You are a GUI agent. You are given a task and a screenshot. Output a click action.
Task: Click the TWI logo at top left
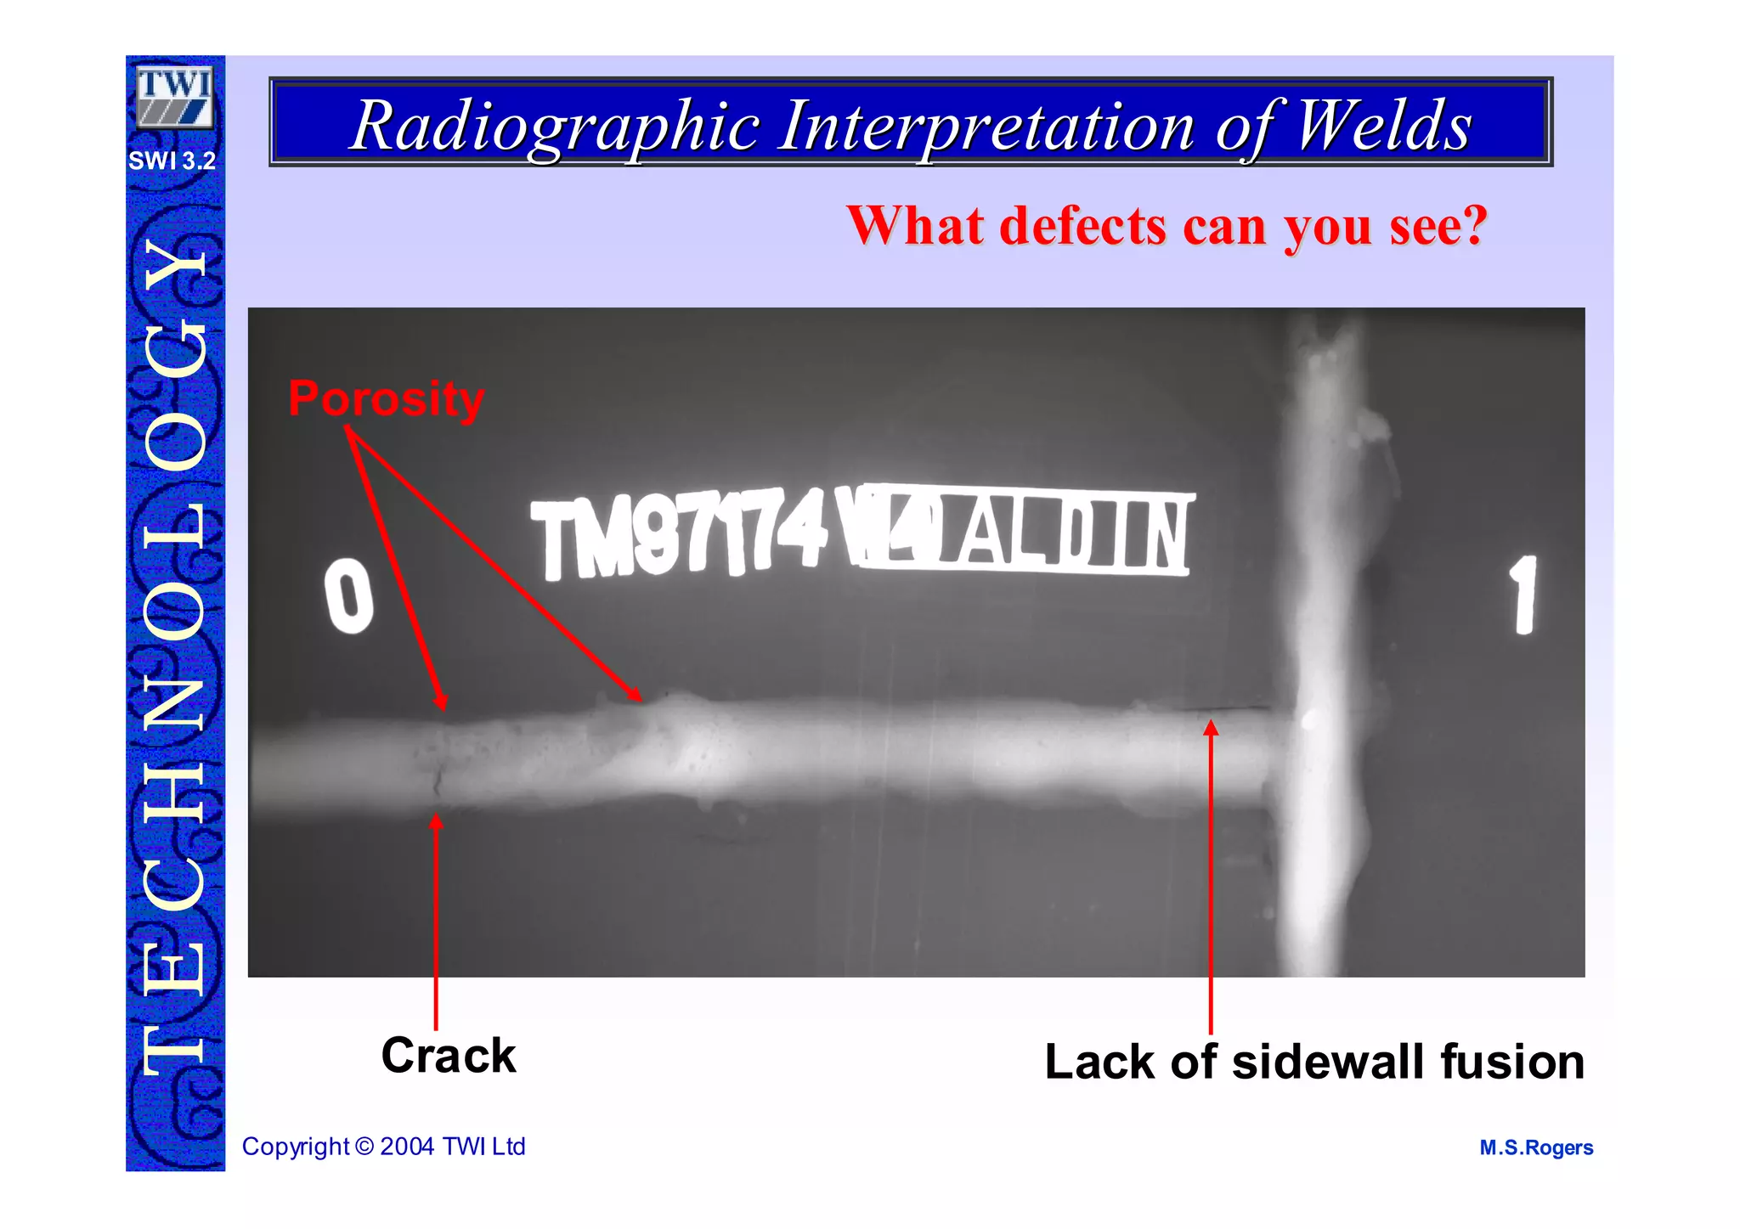(x=174, y=96)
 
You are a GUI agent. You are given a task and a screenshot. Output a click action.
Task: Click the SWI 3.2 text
(x=172, y=161)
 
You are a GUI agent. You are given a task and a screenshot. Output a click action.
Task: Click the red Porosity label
(x=386, y=398)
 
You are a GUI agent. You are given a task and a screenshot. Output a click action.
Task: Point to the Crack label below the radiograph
(x=448, y=1056)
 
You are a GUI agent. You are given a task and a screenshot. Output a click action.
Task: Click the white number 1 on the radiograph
(x=1524, y=595)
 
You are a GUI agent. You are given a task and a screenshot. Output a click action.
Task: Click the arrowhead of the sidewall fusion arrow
(x=1211, y=727)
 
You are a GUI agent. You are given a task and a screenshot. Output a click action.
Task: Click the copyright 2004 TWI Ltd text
(x=383, y=1147)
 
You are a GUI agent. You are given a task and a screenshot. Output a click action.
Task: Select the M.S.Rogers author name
(x=1535, y=1148)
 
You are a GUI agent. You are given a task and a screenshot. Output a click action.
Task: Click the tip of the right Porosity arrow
(x=639, y=698)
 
